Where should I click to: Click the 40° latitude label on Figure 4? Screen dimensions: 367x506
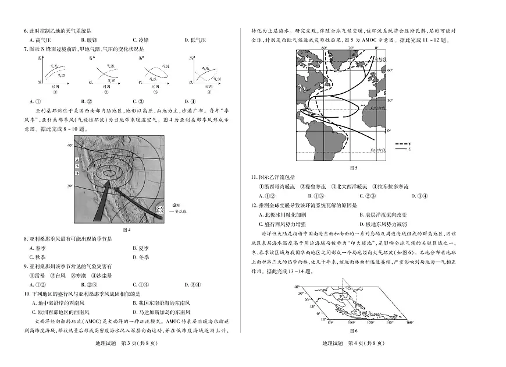coord(69,144)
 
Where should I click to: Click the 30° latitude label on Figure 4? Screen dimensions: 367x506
coord(69,186)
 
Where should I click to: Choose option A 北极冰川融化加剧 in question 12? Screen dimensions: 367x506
coord(283,214)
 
